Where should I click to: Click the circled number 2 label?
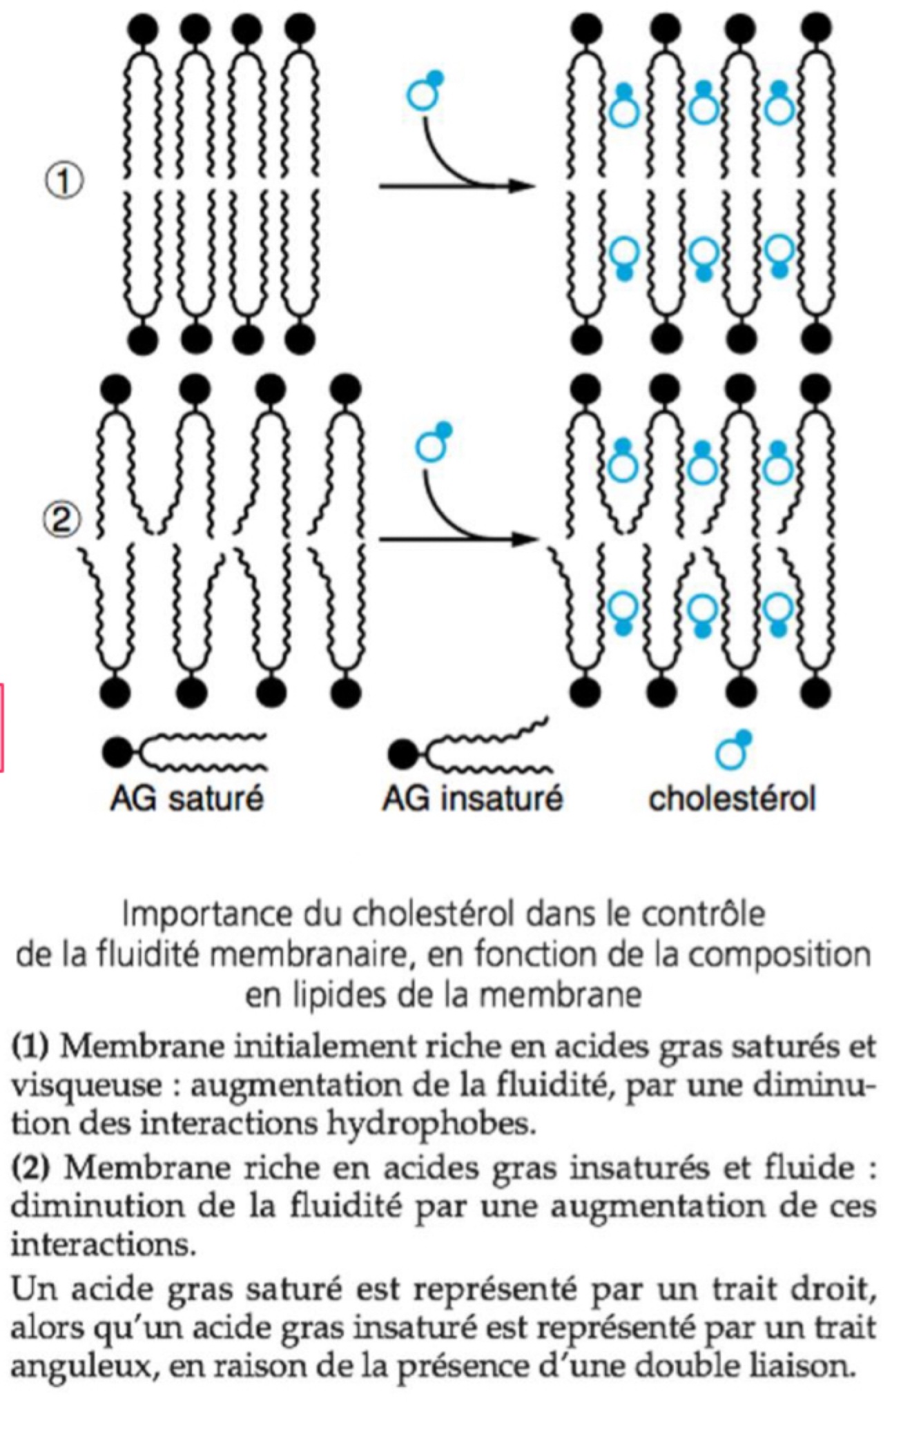point(62,520)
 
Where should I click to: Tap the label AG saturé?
point(187,798)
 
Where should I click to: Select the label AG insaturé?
point(473,798)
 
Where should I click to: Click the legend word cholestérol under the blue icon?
point(732,798)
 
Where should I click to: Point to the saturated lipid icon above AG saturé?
point(183,752)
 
